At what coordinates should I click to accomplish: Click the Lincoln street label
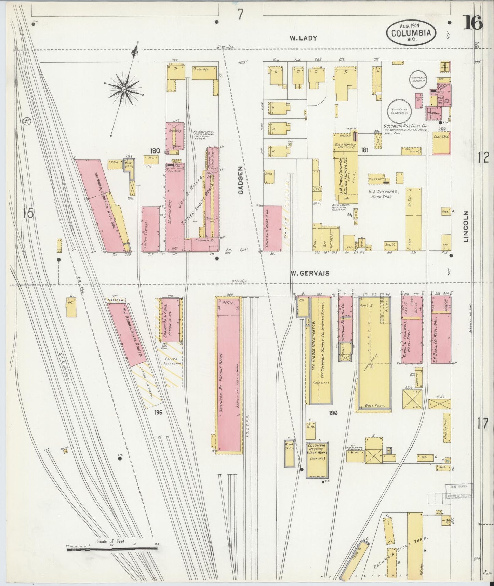click(466, 226)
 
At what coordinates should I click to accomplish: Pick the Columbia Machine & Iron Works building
click(317, 460)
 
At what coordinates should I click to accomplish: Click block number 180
click(155, 150)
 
